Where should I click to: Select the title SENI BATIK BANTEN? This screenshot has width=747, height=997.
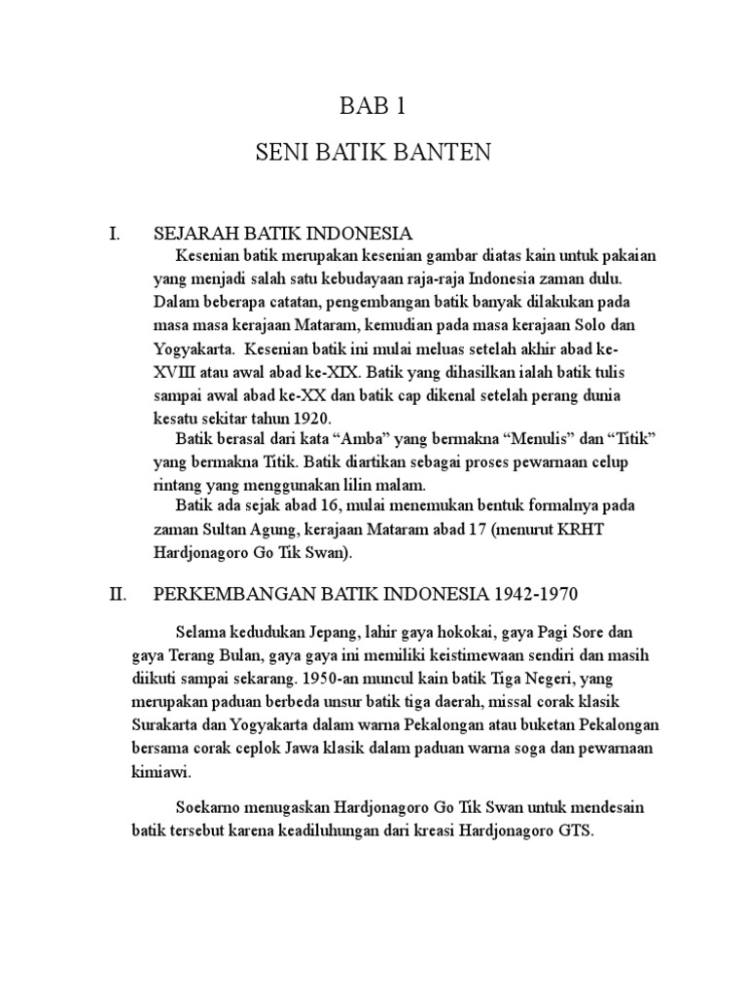(x=373, y=154)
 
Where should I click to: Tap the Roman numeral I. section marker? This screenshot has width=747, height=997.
(x=114, y=234)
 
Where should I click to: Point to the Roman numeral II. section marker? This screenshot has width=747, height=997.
(x=117, y=594)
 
